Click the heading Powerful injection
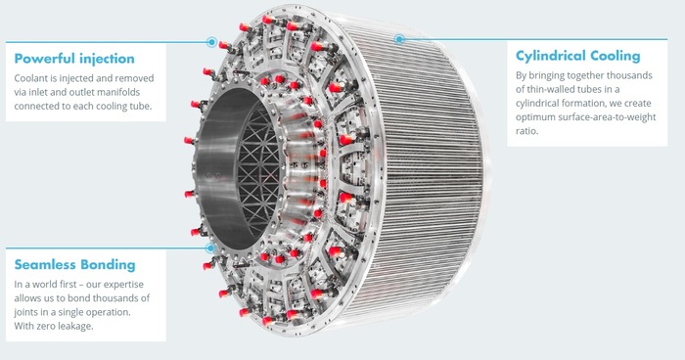(x=74, y=59)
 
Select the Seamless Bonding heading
(x=74, y=265)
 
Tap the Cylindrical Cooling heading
(x=578, y=56)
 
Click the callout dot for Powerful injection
(x=212, y=42)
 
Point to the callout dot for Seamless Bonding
(x=210, y=248)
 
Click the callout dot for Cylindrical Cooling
(x=399, y=39)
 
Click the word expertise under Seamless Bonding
(x=123, y=285)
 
